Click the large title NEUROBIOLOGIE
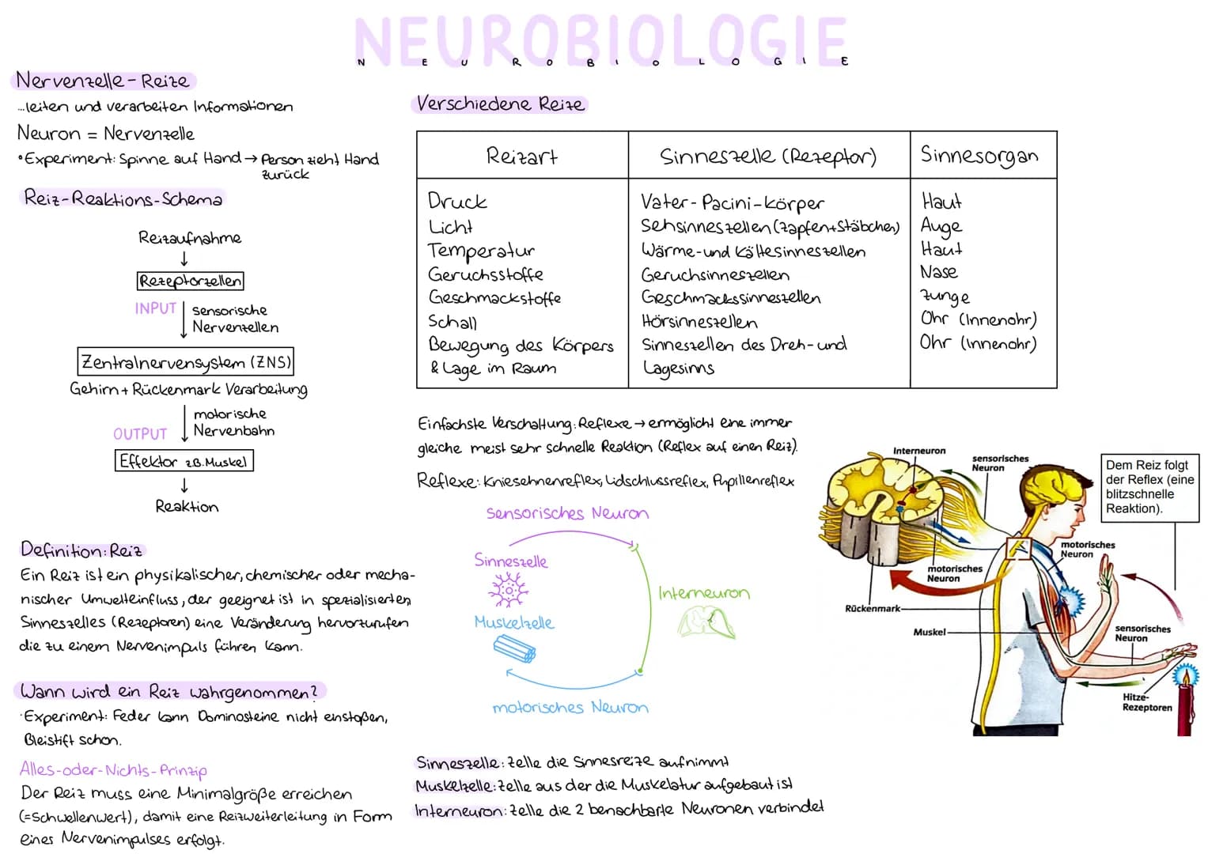coord(601,40)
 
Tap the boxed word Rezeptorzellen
coord(190,281)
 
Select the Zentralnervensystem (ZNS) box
coord(186,361)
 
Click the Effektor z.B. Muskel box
coord(184,461)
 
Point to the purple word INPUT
coord(155,308)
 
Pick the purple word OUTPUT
coord(140,434)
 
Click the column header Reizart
coord(521,157)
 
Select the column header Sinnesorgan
coord(979,155)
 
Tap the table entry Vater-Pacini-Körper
coord(733,202)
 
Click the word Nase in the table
coord(939,272)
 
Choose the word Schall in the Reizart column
coord(453,322)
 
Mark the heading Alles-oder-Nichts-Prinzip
coord(113,770)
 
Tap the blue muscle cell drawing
coord(514,648)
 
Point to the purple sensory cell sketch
coord(508,590)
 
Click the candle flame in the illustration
coord(1186,675)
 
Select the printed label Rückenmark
coord(873,608)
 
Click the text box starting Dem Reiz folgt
coord(1149,488)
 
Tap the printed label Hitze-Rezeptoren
coord(1147,702)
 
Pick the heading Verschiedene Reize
coord(500,104)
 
